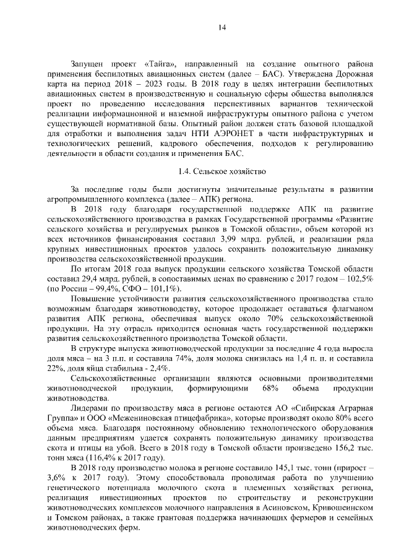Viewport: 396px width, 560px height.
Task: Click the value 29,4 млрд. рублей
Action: tap(106, 279)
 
